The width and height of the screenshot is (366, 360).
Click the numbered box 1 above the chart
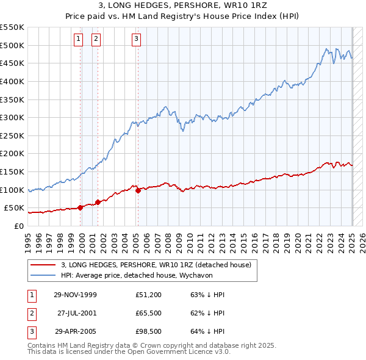tap(79, 40)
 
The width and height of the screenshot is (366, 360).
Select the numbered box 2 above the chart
tap(96, 40)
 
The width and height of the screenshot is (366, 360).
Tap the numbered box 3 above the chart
tap(136, 40)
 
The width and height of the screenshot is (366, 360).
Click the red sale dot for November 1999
tap(81, 207)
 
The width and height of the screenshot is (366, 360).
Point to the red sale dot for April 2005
tap(138, 190)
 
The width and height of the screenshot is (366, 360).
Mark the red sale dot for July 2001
tap(98, 203)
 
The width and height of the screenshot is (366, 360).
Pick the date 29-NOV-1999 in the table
tap(76, 295)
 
